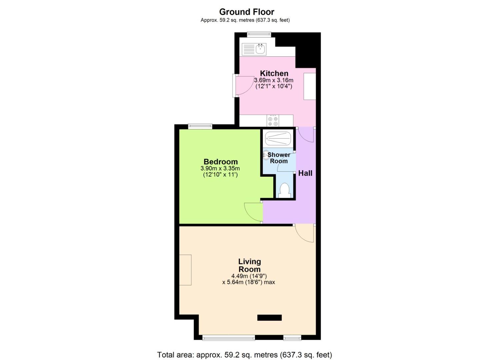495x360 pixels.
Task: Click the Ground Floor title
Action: [x=247, y=12]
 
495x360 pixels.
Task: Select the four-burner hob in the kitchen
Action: [x=273, y=121]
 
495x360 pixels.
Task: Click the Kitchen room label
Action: [x=274, y=73]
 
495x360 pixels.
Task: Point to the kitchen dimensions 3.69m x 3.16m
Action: [x=274, y=80]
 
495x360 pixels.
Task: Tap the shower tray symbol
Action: [x=278, y=138]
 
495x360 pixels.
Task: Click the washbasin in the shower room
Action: [x=266, y=155]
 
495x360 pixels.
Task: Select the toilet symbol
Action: [x=284, y=190]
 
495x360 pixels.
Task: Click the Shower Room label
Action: [x=279, y=158]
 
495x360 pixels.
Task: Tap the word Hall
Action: [x=305, y=173]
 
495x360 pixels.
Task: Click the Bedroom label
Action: [x=221, y=162]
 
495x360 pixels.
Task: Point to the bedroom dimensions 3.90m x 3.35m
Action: [x=220, y=169]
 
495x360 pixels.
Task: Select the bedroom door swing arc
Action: [x=253, y=212]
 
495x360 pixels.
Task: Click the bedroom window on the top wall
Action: [x=200, y=126]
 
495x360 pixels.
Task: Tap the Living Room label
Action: [x=249, y=265]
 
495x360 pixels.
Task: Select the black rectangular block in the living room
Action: [x=269, y=318]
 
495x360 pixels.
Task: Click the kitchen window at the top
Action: [x=259, y=34]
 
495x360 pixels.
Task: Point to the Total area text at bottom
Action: [x=244, y=355]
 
